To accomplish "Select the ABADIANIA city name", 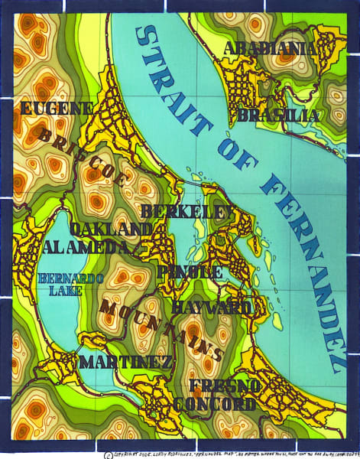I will click(x=270, y=49).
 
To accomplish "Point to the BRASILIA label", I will click(x=279, y=116).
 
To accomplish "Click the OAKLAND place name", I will click(x=110, y=229).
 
